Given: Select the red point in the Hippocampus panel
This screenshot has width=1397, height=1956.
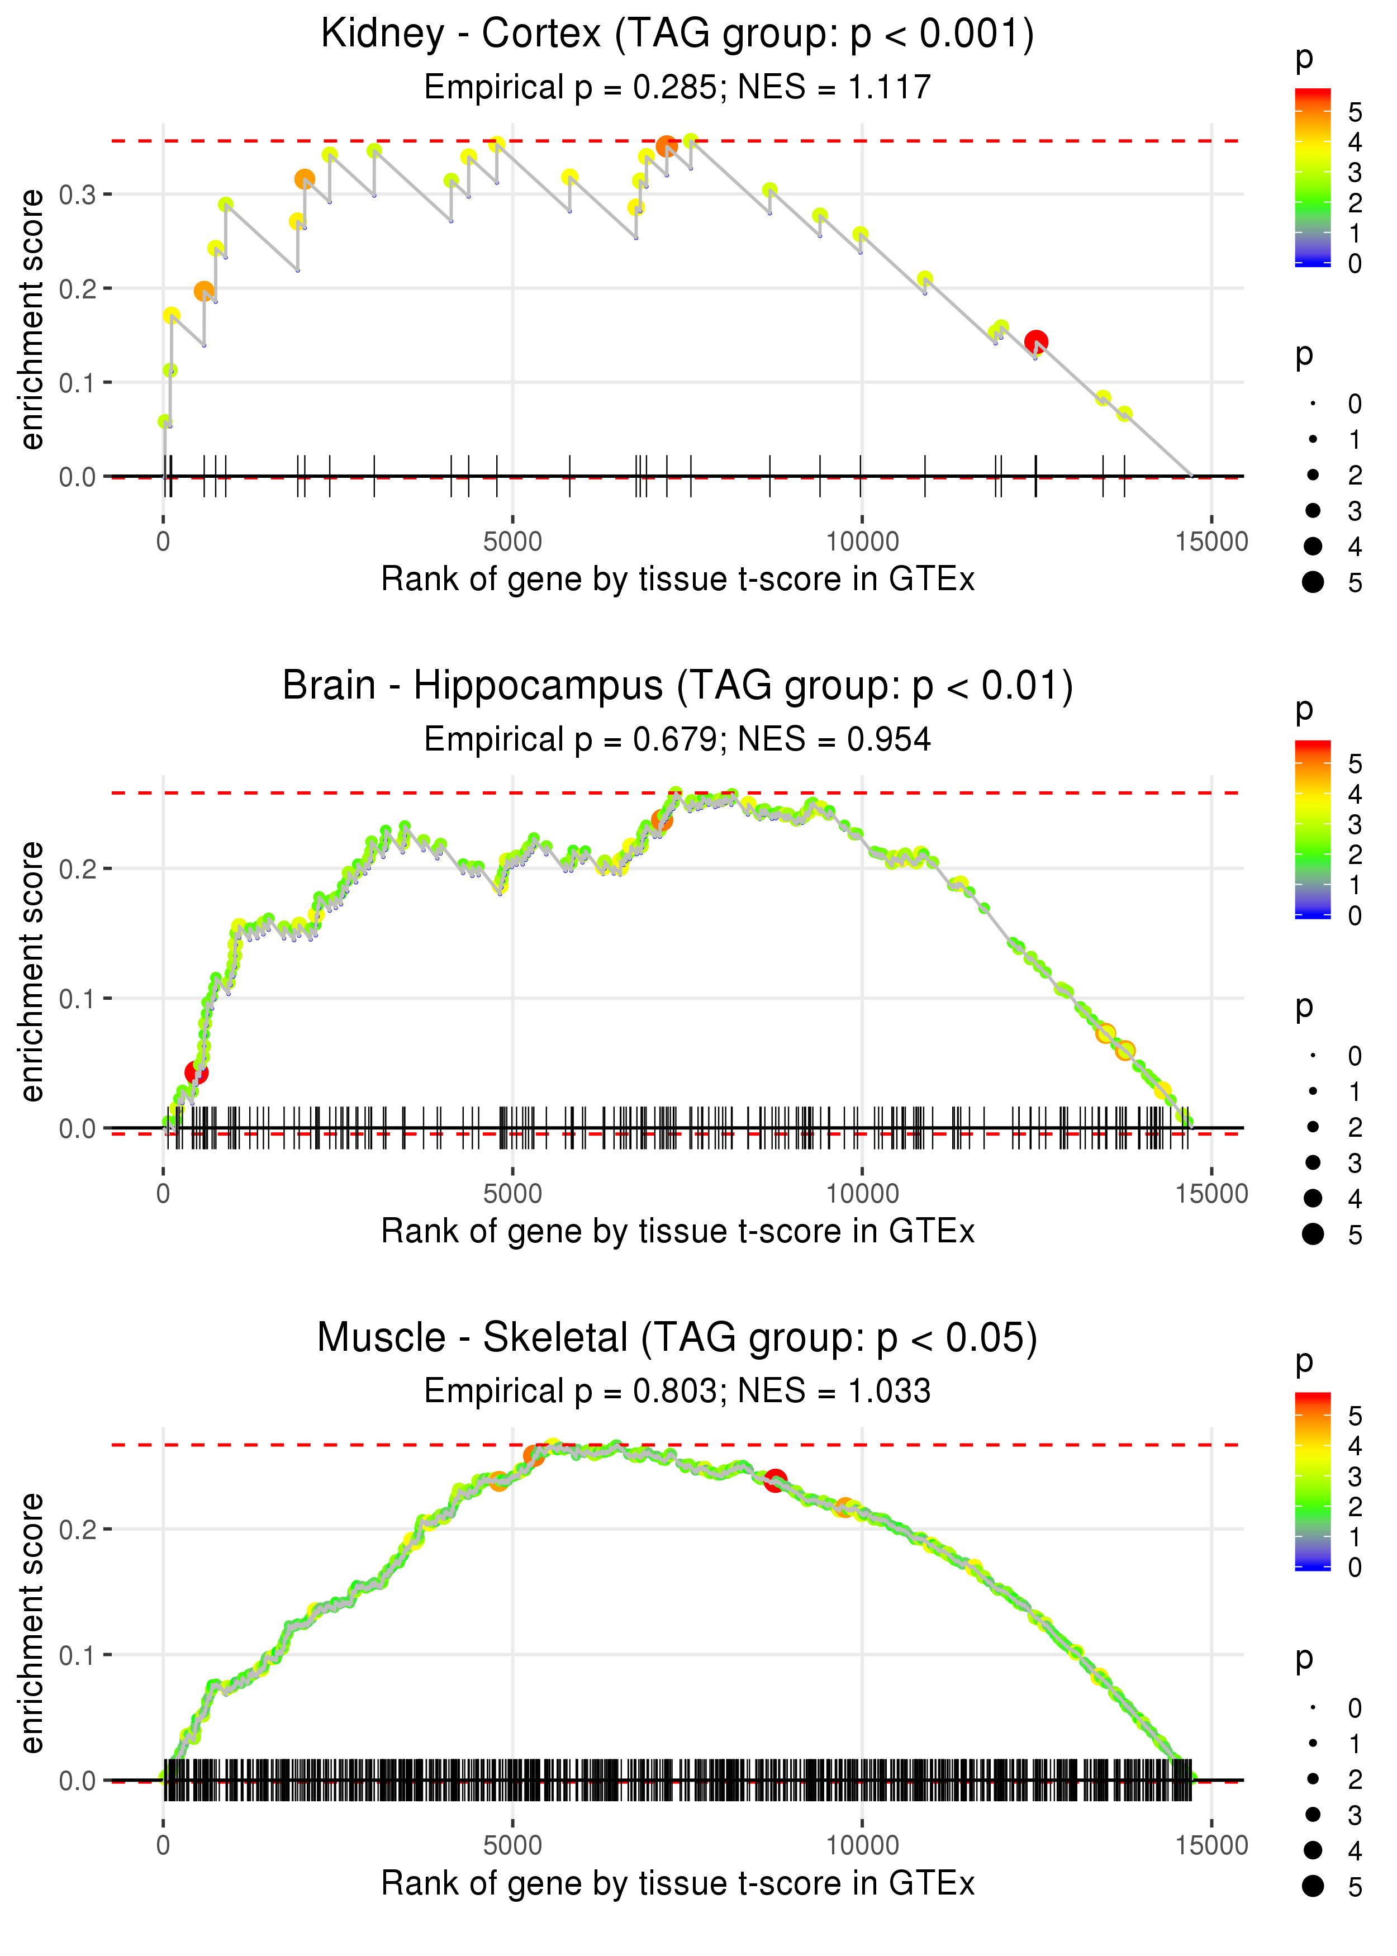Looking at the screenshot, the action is coord(196,1072).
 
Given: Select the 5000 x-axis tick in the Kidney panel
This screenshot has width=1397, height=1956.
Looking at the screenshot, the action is coord(512,542).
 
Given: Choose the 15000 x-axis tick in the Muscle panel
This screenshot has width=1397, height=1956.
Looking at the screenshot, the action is coord(1211,1846).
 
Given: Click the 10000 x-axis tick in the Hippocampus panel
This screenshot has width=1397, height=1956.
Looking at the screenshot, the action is coord(862,1194).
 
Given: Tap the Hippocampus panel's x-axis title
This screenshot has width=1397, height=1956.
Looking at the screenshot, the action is coord(677,1232).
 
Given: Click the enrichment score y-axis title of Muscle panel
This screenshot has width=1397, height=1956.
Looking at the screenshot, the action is coord(32,1623).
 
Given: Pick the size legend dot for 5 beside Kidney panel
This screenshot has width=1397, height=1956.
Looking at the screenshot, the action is coord(1313,582).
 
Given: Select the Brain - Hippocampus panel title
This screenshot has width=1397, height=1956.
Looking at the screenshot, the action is coord(677,686).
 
